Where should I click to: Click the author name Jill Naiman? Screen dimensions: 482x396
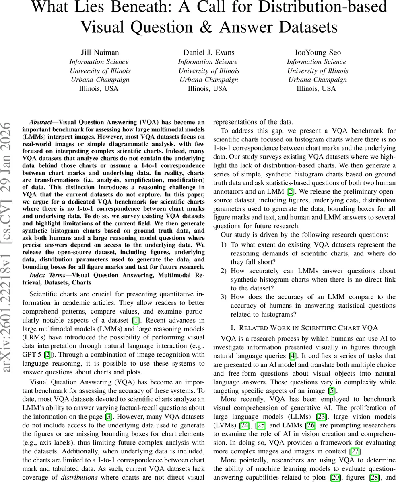[x=99, y=53]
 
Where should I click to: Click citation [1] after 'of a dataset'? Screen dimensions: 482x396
[x=136, y=320]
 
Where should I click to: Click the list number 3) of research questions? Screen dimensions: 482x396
[x=223, y=297]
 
